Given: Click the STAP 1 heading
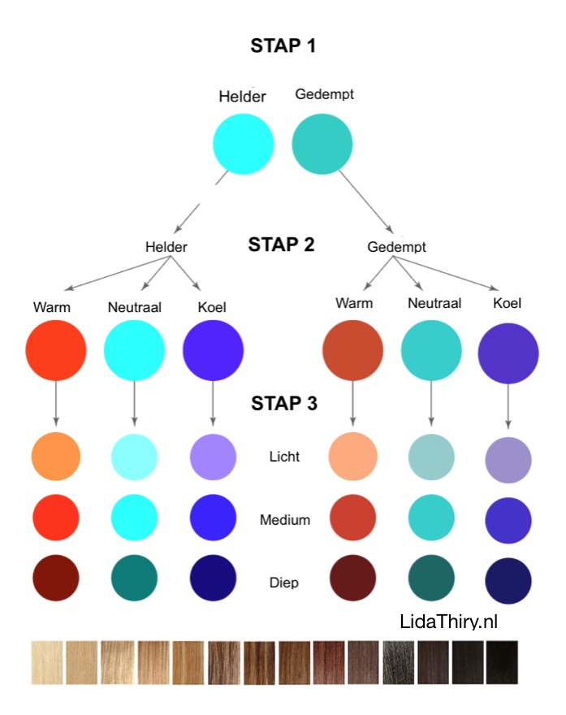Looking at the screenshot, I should [283, 45].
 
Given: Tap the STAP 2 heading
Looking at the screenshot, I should [281, 245].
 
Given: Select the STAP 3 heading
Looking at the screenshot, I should [283, 404].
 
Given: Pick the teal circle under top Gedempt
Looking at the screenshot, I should [322, 144].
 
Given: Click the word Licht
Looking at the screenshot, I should [284, 457].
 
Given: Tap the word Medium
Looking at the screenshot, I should [284, 519].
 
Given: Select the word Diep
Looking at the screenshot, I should [284, 582].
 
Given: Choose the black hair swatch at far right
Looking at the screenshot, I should [501, 662].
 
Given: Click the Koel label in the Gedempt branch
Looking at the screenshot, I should [508, 303].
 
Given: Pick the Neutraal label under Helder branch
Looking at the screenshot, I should [134, 307].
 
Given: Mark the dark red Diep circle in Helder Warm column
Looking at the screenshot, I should [56, 577].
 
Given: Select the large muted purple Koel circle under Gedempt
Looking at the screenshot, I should [508, 353].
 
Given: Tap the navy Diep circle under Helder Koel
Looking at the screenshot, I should [213, 577].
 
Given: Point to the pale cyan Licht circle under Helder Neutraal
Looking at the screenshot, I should [134, 457].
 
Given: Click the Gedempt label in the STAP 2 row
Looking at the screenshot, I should [396, 246].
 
